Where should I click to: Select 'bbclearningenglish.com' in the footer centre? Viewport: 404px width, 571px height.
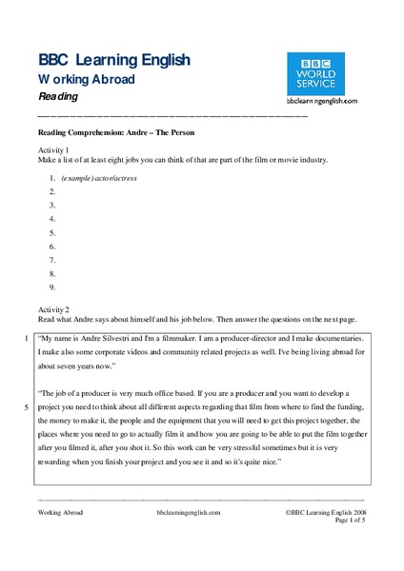click(188, 510)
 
